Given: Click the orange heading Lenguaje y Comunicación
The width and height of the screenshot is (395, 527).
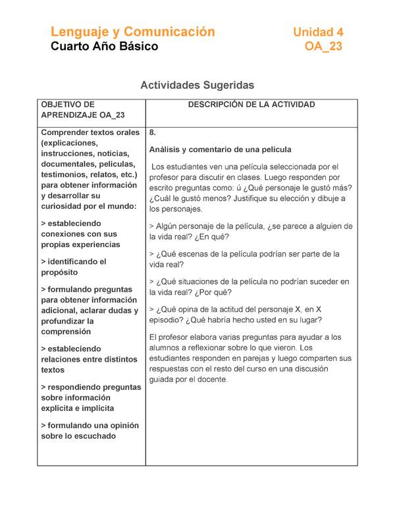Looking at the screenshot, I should coord(133,32).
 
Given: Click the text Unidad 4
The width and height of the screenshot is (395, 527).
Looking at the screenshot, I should coord(318,32).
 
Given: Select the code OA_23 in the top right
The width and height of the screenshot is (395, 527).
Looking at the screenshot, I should coord(323,47).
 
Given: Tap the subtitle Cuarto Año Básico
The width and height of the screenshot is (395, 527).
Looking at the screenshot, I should coord(105,47).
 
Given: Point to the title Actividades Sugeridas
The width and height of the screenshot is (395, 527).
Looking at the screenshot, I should coord(197,86).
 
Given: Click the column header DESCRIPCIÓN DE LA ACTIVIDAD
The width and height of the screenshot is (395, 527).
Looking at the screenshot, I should coord(251,105).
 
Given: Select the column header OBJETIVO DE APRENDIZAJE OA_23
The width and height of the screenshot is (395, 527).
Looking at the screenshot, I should coord(82,110).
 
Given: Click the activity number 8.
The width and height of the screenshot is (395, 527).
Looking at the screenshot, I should coord(153,132).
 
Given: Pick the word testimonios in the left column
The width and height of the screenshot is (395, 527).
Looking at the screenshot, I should coord(66,175).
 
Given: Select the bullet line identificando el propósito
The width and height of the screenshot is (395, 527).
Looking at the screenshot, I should coord(73,267).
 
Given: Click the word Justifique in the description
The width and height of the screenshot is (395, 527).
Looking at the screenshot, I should coord(248,198).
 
